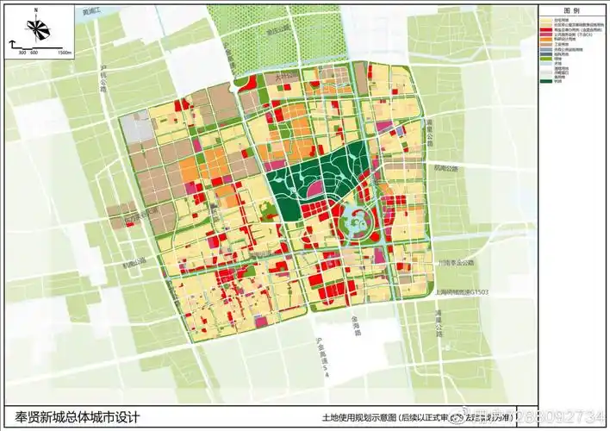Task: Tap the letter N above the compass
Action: [37, 10]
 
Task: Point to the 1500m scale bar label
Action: [64, 53]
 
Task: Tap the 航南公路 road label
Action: [447, 169]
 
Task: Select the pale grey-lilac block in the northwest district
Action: [137, 128]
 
